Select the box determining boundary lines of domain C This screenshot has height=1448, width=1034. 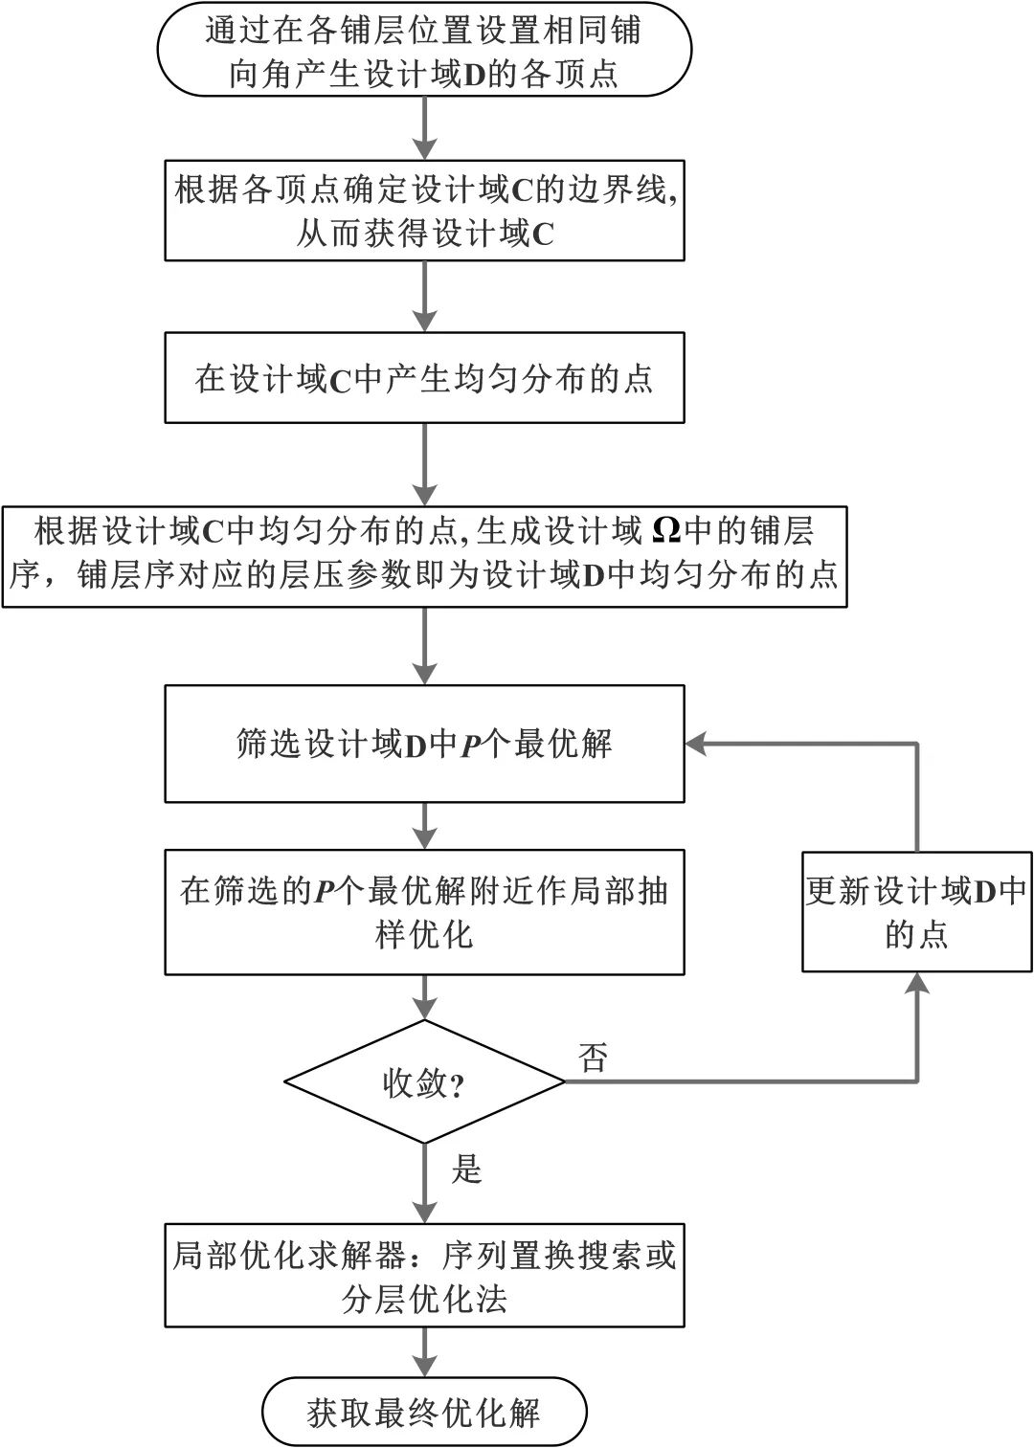click(x=424, y=211)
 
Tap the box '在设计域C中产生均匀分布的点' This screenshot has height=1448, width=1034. click(x=424, y=377)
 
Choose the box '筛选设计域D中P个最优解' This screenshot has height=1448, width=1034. click(x=424, y=744)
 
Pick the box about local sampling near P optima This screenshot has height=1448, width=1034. click(x=424, y=911)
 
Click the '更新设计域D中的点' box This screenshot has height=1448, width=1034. click(x=916, y=911)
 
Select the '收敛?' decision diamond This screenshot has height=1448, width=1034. click(x=424, y=1081)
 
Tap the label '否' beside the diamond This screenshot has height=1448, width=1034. click(x=593, y=1057)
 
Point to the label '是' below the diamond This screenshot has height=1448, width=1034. click(x=466, y=1169)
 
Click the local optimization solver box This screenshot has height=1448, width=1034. click(x=424, y=1275)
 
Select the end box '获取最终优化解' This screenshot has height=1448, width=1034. click(x=424, y=1412)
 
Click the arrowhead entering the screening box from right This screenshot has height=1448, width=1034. click(x=696, y=744)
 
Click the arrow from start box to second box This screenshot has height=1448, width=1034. click(x=424, y=128)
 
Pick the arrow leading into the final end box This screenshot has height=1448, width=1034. click(x=424, y=1354)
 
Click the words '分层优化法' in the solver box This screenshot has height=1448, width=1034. click(x=424, y=1299)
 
